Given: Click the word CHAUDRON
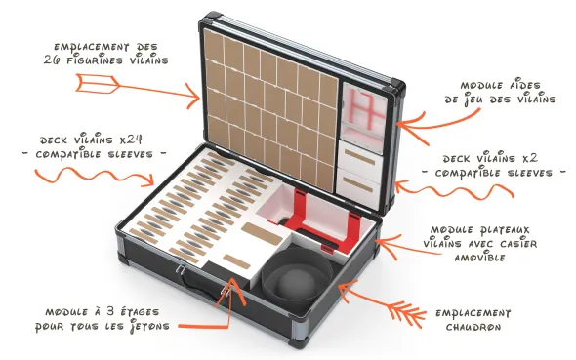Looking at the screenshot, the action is click(473, 327).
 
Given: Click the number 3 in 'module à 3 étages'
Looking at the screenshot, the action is click(110, 311).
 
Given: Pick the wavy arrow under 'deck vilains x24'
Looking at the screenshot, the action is click(95, 176).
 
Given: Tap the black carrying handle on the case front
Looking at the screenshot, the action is click(200, 288).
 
